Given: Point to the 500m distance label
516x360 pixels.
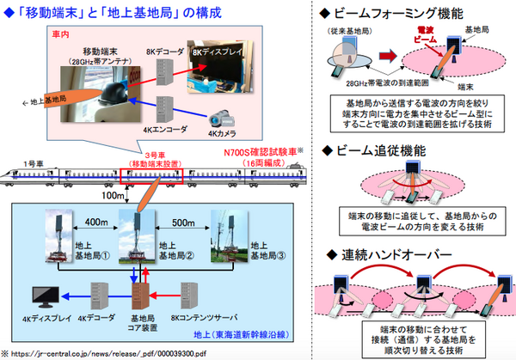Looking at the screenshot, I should click(x=182, y=223).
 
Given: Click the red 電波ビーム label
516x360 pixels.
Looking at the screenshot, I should click(x=419, y=38).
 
